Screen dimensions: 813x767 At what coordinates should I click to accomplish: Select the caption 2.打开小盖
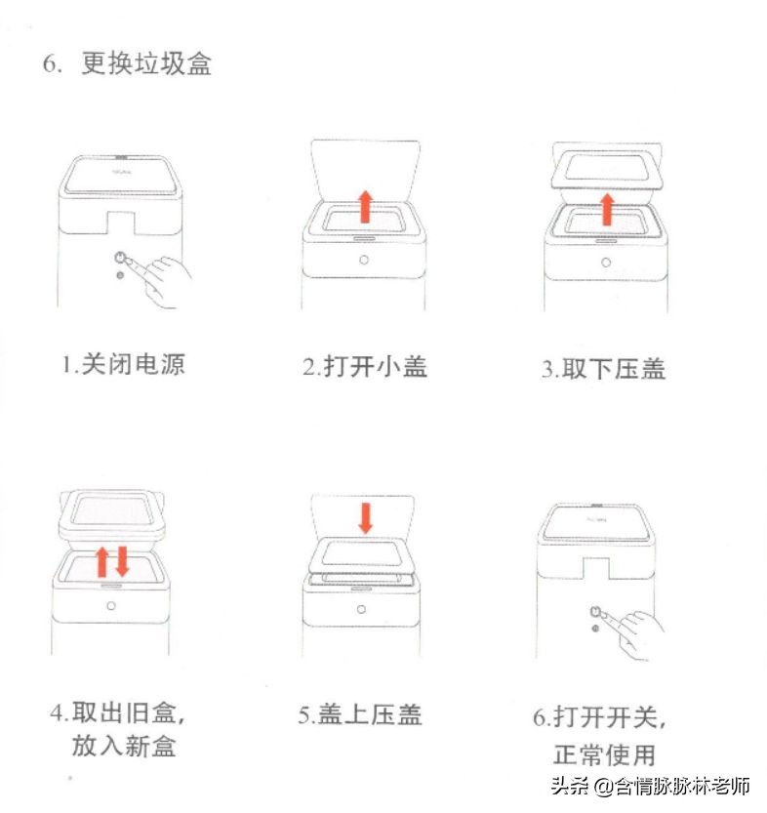tap(364, 367)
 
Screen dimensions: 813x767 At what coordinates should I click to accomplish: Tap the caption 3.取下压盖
tap(604, 369)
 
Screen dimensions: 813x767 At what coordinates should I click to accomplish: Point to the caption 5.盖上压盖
tap(360, 714)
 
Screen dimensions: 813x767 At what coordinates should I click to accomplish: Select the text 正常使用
tap(604, 753)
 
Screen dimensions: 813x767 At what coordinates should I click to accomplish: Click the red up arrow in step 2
tap(365, 207)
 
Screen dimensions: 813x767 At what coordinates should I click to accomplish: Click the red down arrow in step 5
tap(365, 517)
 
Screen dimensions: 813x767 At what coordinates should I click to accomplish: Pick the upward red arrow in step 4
tap(101, 562)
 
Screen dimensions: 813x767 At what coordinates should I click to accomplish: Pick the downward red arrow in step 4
tap(122, 561)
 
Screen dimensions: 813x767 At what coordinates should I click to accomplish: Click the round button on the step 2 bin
tap(364, 261)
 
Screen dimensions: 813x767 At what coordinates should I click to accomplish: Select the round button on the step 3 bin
tap(606, 262)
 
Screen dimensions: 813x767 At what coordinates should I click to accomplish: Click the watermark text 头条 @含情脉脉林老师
tap(650, 787)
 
